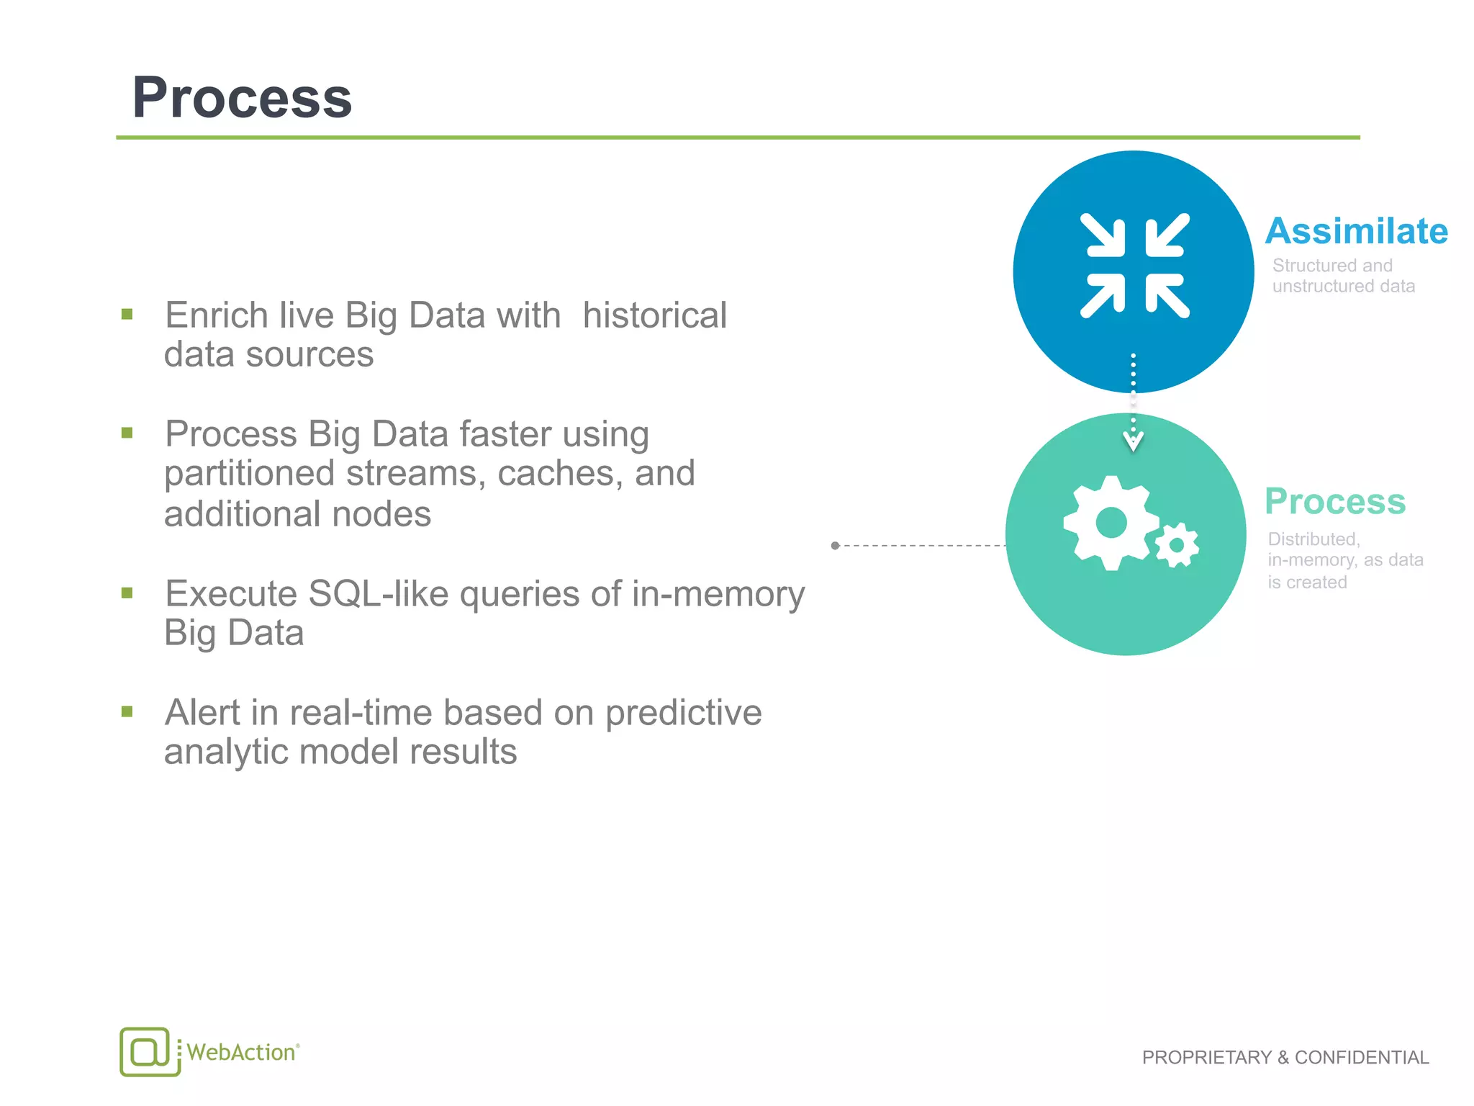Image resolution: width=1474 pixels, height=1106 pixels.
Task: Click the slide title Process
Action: tap(242, 98)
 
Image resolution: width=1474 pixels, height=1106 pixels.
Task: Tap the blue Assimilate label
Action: tap(1356, 231)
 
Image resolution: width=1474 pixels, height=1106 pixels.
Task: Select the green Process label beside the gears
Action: tap(1334, 501)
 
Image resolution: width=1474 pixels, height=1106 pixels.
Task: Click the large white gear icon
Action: tap(1111, 522)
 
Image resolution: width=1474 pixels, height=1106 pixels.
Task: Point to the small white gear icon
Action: tap(1177, 545)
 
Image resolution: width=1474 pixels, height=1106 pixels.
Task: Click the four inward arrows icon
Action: tap(1134, 266)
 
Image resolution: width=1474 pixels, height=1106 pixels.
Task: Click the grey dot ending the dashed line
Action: tap(835, 546)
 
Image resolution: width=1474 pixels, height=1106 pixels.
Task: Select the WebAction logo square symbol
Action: tap(148, 1051)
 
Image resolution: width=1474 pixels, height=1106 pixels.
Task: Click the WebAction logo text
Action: tap(242, 1052)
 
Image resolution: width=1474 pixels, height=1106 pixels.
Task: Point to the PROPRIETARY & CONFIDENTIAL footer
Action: tap(1285, 1057)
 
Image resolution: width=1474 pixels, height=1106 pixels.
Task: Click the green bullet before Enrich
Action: tap(127, 314)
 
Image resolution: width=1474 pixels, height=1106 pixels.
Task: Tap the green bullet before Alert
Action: tap(127, 712)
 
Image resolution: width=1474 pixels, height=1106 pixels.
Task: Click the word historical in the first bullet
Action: tap(654, 315)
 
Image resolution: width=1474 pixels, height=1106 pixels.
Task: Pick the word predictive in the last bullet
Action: tap(682, 713)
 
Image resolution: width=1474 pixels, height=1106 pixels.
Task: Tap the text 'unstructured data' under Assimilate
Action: tap(1343, 287)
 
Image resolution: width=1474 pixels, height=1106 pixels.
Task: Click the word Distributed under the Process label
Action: tap(1314, 539)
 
